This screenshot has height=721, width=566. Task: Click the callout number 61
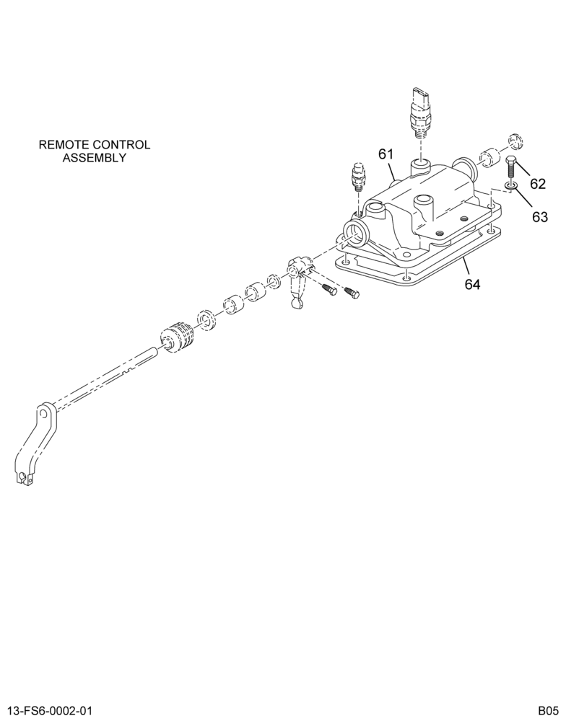(x=386, y=154)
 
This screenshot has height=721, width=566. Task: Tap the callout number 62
(x=537, y=184)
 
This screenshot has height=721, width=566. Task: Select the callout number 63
(x=540, y=216)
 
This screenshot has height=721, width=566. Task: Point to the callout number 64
(x=472, y=285)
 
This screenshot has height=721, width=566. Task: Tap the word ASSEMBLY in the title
(x=95, y=158)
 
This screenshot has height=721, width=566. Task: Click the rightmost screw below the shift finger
(x=352, y=291)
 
